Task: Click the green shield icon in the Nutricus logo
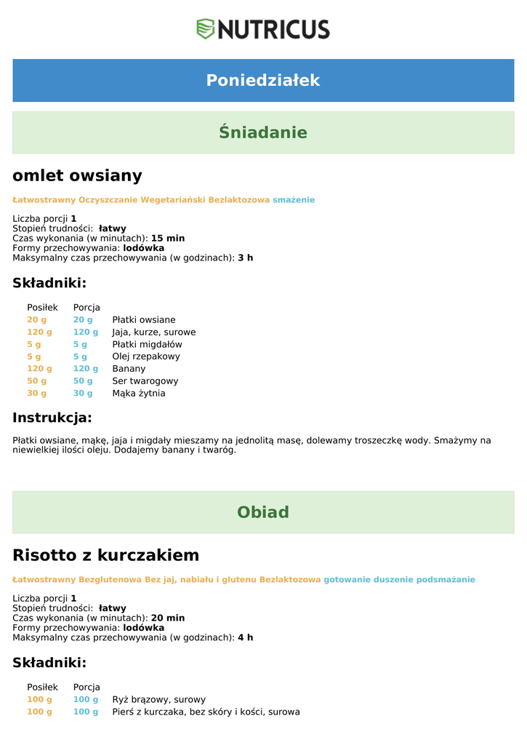[x=206, y=29]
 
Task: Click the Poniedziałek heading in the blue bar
[x=263, y=80]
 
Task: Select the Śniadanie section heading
[x=263, y=132]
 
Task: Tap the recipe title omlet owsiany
[x=77, y=175]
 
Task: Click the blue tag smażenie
[x=294, y=199]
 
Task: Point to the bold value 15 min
[x=168, y=238]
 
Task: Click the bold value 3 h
[x=246, y=258]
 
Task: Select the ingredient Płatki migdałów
[x=147, y=344]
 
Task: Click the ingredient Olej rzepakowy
[x=146, y=356]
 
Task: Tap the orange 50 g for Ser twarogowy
[x=37, y=381]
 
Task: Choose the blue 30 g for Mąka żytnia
[x=83, y=393]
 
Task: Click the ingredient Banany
[x=129, y=369]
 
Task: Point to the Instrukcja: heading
[x=52, y=418]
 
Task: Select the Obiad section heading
[x=263, y=512]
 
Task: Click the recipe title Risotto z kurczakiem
[x=105, y=555]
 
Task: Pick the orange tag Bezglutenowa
[x=110, y=579]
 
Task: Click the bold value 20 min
[x=168, y=618]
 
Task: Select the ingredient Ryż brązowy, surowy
[x=158, y=699]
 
